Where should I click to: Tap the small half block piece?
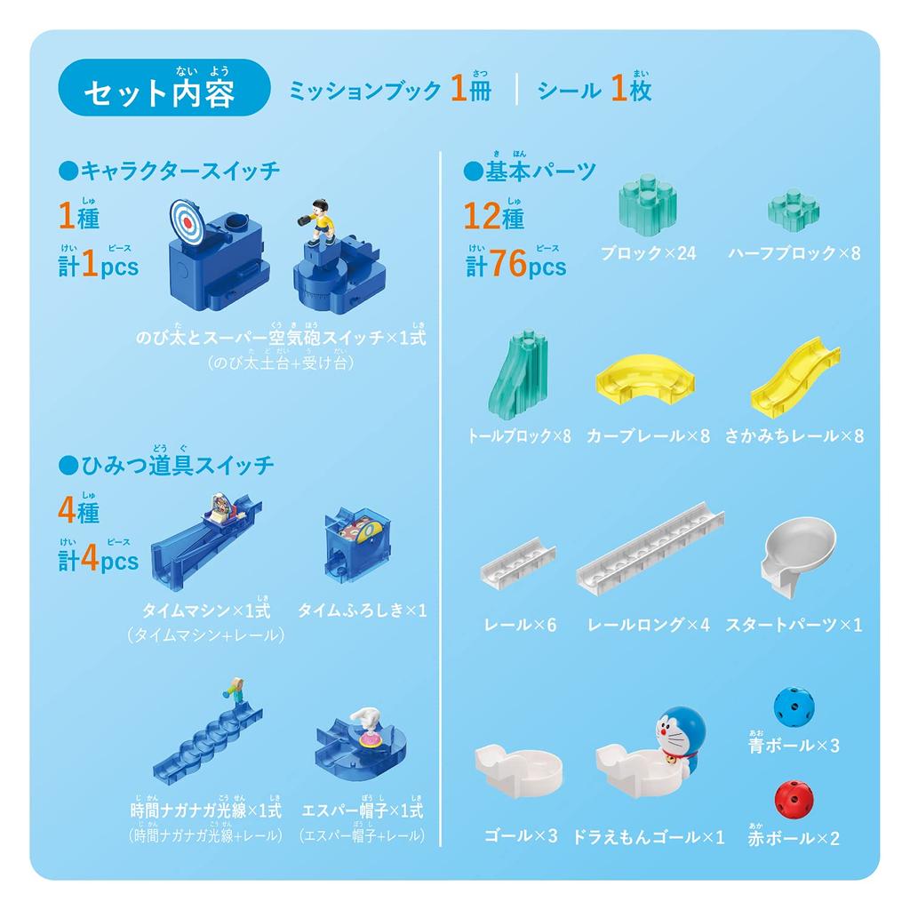(x=793, y=210)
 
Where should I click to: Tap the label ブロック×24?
(x=648, y=253)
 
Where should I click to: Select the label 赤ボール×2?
(x=794, y=837)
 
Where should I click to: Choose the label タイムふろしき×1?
(x=362, y=611)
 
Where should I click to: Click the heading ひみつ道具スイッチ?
(x=166, y=465)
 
